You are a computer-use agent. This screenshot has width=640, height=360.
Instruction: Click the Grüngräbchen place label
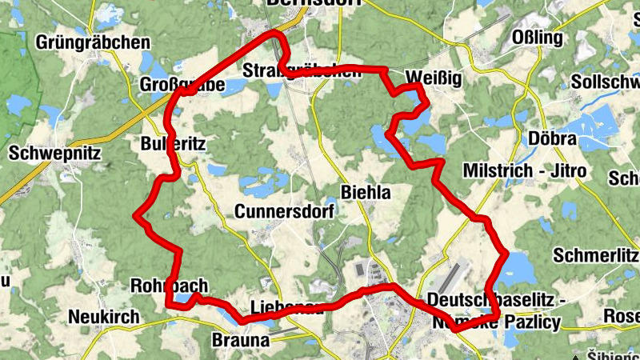pos(94,42)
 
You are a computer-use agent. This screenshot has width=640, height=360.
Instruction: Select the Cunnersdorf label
pos(284,211)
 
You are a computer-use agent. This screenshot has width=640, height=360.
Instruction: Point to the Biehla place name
pos(366,192)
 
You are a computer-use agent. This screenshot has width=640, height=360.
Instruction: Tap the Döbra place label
pos(553,138)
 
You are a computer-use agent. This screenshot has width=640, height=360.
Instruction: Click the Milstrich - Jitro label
pos(525,171)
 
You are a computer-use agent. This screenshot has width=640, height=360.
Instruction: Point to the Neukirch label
pos(104,317)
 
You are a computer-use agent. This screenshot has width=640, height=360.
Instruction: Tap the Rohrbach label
pos(169,286)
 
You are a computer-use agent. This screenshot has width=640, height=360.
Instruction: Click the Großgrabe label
pos(182,85)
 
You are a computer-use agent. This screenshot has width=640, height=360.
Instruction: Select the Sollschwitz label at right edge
pos(606,82)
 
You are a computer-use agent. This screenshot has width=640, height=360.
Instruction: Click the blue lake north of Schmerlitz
pos(517,265)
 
